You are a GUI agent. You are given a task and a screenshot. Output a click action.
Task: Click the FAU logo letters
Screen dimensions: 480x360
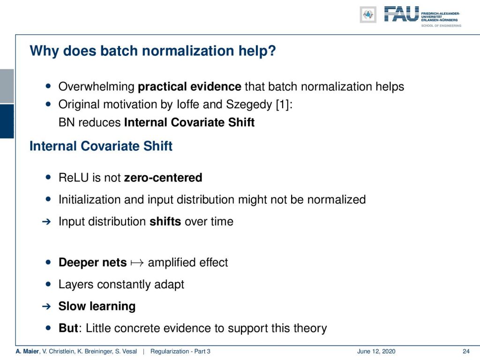[x=401, y=14]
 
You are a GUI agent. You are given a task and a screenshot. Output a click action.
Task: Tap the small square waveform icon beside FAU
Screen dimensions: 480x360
[x=368, y=15]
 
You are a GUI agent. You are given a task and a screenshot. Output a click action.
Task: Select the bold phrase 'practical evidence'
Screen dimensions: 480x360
[x=189, y=87]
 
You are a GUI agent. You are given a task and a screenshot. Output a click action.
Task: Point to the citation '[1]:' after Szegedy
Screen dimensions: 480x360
[x=284, y=105]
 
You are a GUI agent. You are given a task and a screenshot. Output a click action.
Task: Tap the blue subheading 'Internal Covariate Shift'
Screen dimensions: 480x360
[x=101, y=146]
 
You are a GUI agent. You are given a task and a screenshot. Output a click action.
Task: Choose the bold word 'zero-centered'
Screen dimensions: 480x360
[x=163, y=178]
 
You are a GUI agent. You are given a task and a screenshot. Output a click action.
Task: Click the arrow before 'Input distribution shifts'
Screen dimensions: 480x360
[x=46, y=222]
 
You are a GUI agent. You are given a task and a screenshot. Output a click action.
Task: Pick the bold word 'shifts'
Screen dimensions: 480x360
[x=165, y=221]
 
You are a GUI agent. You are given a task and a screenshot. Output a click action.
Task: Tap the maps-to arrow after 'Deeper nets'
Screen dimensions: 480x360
[x=137, y=263]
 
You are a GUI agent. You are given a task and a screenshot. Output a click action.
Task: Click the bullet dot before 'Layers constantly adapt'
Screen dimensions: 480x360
[x=48, y=284]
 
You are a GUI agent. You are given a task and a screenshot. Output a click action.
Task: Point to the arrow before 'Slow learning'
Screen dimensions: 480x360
[x=46, y=306]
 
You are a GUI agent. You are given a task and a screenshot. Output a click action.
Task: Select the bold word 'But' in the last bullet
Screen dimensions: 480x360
[x=68, y=328]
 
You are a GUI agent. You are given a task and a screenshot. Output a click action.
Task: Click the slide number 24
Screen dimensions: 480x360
[x=466, y=352]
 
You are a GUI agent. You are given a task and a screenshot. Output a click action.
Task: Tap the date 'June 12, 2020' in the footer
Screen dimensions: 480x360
[x=376, y=352]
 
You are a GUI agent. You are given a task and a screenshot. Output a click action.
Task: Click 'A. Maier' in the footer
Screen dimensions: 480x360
[x=28, y=352]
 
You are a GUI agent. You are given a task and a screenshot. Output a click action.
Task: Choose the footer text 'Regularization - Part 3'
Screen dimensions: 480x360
[x=180, y=352]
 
